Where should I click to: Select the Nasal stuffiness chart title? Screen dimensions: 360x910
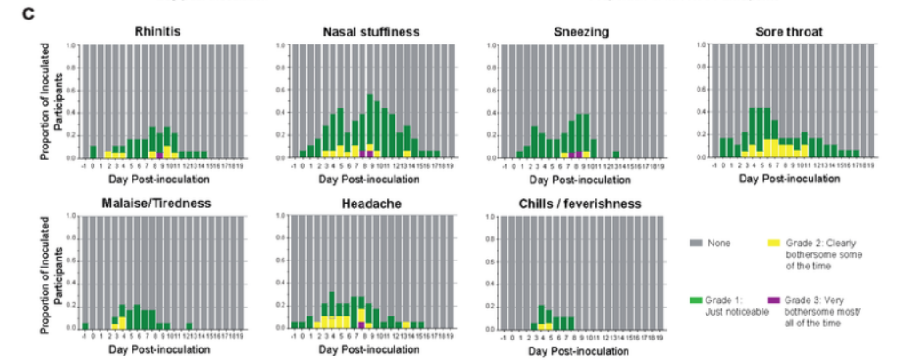[371, 33]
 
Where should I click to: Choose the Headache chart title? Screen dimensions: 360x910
[371, 203]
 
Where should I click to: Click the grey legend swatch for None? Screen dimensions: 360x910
[697, 242]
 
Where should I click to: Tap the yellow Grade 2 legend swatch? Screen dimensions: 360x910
[774, 242]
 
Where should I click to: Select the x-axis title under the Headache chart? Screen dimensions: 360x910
[371, 348]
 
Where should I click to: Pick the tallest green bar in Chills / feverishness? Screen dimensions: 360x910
[541, 314]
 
